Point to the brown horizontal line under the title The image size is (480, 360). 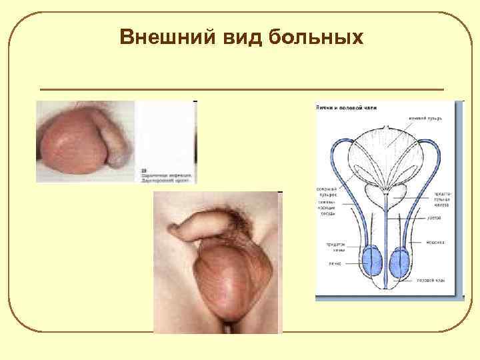point(241,89)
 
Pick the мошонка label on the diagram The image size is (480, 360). point(437,241)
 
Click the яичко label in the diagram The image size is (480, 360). point(335,263)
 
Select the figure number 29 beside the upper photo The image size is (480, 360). point(143,170)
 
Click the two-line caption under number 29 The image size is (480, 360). point(165,177)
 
